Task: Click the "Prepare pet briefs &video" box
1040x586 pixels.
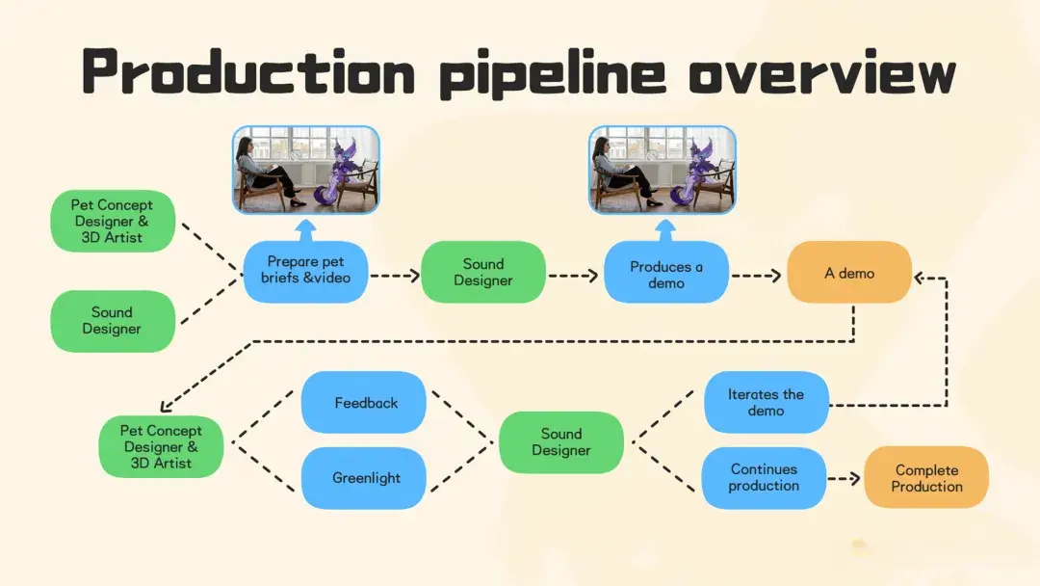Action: [306, 272]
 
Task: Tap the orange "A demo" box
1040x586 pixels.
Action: [849, 272]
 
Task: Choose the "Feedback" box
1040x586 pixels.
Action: [363, 402]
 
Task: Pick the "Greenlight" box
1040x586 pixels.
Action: [363, 478]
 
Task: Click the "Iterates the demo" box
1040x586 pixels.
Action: [767, 402]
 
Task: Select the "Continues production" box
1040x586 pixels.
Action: [764, 478]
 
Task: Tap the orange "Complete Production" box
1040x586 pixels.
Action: [926, 477]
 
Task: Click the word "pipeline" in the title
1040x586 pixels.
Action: [553, 74]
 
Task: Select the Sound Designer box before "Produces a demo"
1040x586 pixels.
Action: [483, 272]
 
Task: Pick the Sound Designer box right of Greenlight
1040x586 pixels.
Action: [561, 442]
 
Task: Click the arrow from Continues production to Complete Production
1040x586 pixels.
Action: [845, 478]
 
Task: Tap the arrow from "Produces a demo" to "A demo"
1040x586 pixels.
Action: [756, 276]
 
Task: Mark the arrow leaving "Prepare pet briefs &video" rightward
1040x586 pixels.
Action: [396, 276]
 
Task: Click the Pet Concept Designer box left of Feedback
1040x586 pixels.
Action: [161, 446]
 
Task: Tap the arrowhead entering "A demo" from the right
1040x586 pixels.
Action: [920, 279]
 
